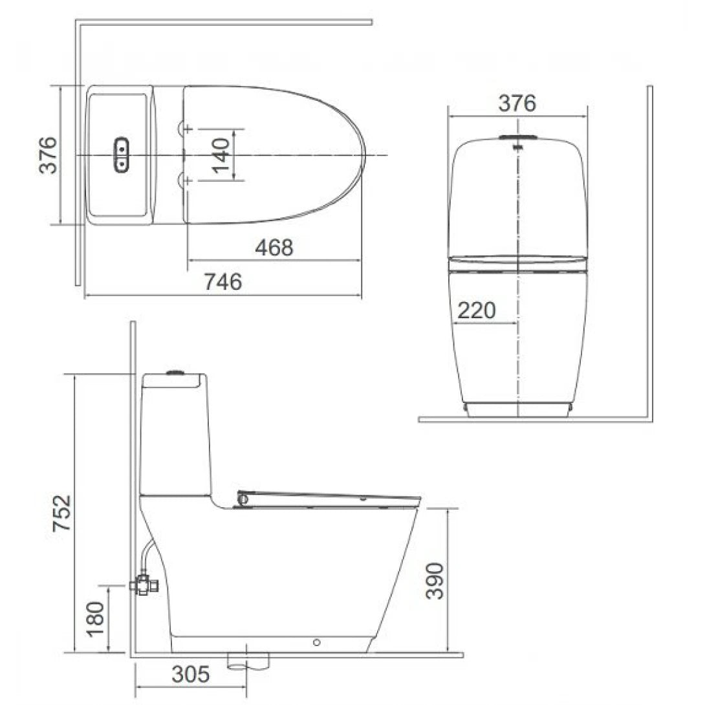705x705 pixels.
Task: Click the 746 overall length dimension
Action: (x=223, y=282)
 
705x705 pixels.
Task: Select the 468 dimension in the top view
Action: (x=274, y=248)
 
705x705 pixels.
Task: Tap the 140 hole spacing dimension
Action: (x=221, y=155)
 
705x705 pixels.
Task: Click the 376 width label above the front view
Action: (x=517, y=103)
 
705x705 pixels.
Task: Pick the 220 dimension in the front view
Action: (x=477, y=311)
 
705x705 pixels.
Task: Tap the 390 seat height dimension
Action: (x=436, y=580)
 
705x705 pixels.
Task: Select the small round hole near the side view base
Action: (x=316, y=642)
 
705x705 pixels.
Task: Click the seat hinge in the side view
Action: (x=243, y=499)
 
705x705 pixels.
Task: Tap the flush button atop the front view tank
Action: (x=517, y=138)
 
